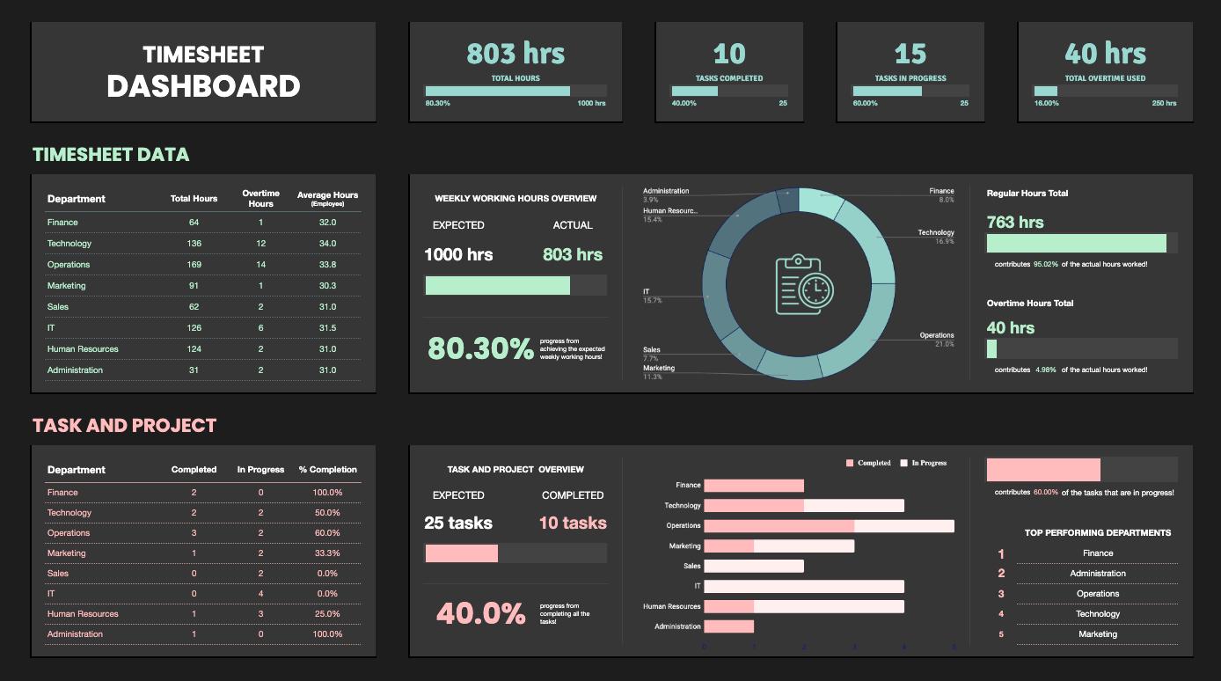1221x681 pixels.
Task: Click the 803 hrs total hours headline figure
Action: [x=515, y=54]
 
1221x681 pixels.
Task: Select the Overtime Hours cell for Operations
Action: [x=260, y=265]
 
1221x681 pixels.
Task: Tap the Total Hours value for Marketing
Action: [x=194, y=286]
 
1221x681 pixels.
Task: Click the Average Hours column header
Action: [x=327, y=198]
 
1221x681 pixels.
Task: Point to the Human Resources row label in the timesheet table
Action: [x=83, y=349]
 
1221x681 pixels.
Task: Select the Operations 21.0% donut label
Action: [x=937, y=340]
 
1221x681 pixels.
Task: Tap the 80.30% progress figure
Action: [x=480, y=348]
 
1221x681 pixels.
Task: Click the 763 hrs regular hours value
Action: [x=1015, y=223]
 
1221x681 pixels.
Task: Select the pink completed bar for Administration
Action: [x=728, y=626]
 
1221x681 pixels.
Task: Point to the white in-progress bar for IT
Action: [x=804, y=586]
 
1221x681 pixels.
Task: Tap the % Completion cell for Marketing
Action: [x=327, y=553]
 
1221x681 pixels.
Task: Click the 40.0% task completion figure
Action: [x=480, y=613]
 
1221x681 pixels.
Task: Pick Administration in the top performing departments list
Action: [x=1098, y=574]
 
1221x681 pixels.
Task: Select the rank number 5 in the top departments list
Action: [x=1001, y=634]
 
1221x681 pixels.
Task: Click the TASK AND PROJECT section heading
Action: [x=124, y=426]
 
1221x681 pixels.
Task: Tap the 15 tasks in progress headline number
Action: [x=910, y=54]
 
